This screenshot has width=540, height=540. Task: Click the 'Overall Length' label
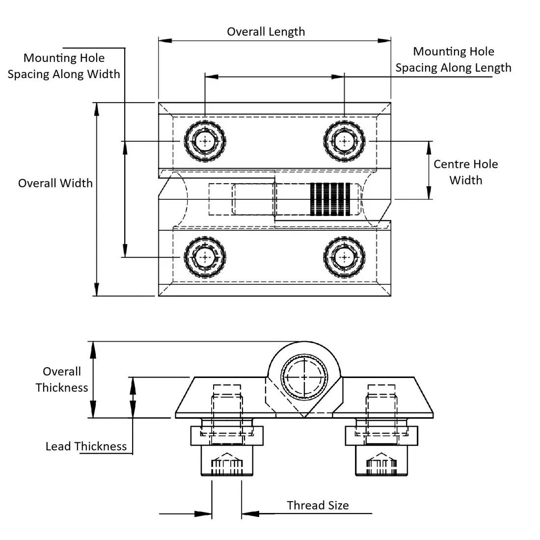[266, 32]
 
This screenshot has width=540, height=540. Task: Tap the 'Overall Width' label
[55, 183]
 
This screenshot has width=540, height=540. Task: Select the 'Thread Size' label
[318, 505]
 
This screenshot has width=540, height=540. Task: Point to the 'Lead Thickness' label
[86, 446]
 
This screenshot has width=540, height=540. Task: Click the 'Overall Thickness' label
[62, 379]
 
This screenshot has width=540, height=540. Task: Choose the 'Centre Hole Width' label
[465, 172]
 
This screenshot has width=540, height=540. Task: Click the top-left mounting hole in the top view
[205, 141]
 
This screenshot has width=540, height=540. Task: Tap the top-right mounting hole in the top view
[345, 141]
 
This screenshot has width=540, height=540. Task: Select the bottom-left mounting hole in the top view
[205, 257]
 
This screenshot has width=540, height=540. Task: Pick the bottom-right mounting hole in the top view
[345, 257]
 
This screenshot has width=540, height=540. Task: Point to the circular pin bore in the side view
[304, 377]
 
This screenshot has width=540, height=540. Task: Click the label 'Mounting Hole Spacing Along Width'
[64, 66]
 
